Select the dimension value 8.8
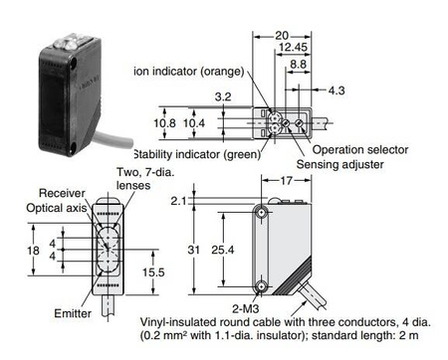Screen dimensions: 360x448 pos(297,64)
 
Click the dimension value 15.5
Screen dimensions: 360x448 pos(153,270)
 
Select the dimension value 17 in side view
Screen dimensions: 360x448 pos(287,181)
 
